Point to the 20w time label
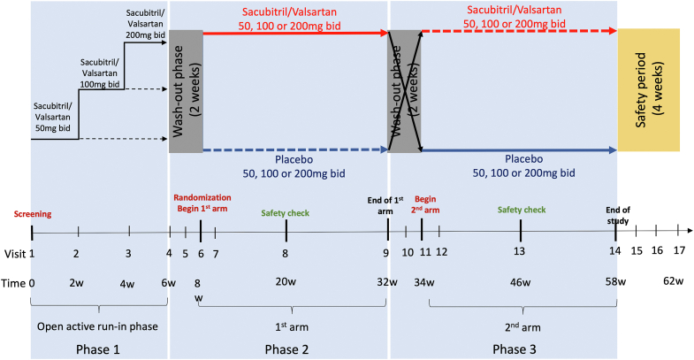point(286,283)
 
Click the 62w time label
point(674,283)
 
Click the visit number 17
point(678,251)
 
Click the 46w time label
point(520,283)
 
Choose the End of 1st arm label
point(387,204)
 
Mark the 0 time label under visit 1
point(31,283)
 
